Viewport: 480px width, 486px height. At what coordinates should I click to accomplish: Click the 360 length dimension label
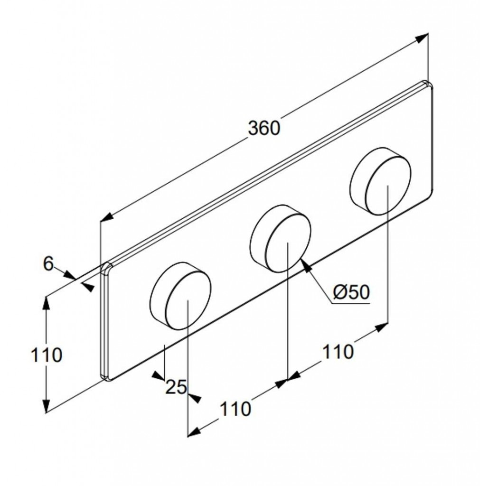point(264,128)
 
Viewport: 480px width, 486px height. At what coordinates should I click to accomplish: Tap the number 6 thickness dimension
point(48,264)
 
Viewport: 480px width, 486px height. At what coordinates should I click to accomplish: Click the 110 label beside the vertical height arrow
point(47,355)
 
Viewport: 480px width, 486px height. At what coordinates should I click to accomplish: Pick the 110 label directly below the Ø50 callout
point(338,352)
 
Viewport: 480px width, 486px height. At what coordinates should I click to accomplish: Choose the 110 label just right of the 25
point(235,409)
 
